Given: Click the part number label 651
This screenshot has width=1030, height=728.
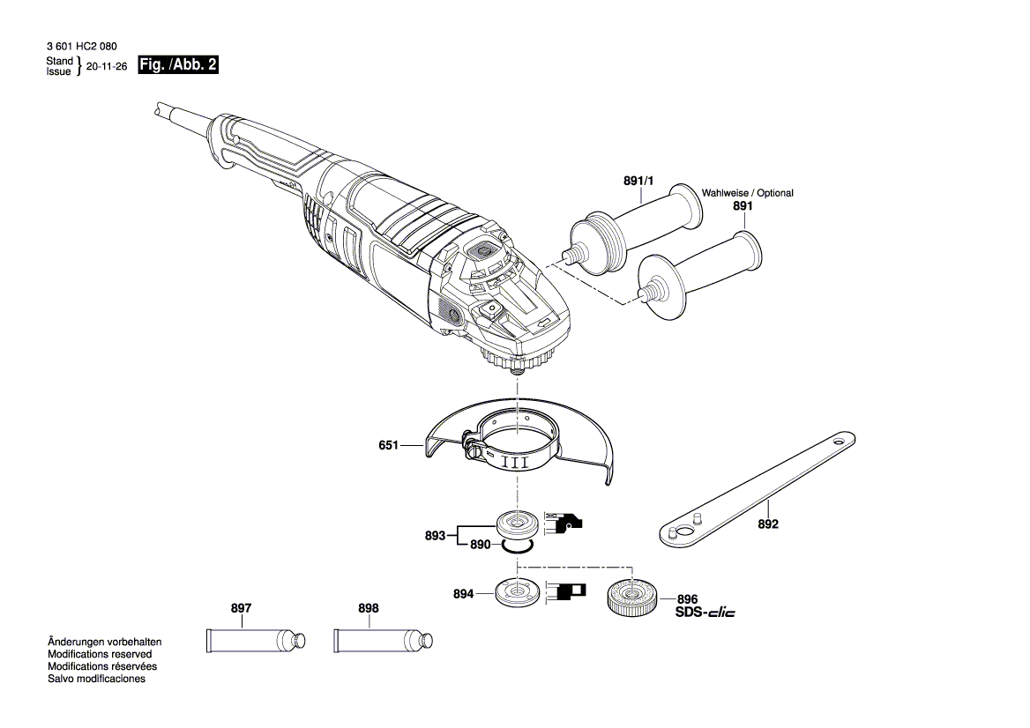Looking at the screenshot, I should click(389, 447).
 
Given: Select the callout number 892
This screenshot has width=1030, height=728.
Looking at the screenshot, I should click(768, 524).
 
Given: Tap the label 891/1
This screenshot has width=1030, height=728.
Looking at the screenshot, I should click(638, 181).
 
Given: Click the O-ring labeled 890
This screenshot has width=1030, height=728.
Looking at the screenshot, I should click(516, 546).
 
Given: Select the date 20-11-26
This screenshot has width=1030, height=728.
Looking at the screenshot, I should click(107, 67).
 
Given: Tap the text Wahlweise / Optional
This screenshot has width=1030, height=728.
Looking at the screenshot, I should click(747, 193).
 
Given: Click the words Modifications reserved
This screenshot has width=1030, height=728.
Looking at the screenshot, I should click(99, 655).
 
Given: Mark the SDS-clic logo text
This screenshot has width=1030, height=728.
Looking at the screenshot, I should click(705, 612).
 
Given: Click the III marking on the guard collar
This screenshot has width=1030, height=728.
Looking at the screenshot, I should click(516, 461).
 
